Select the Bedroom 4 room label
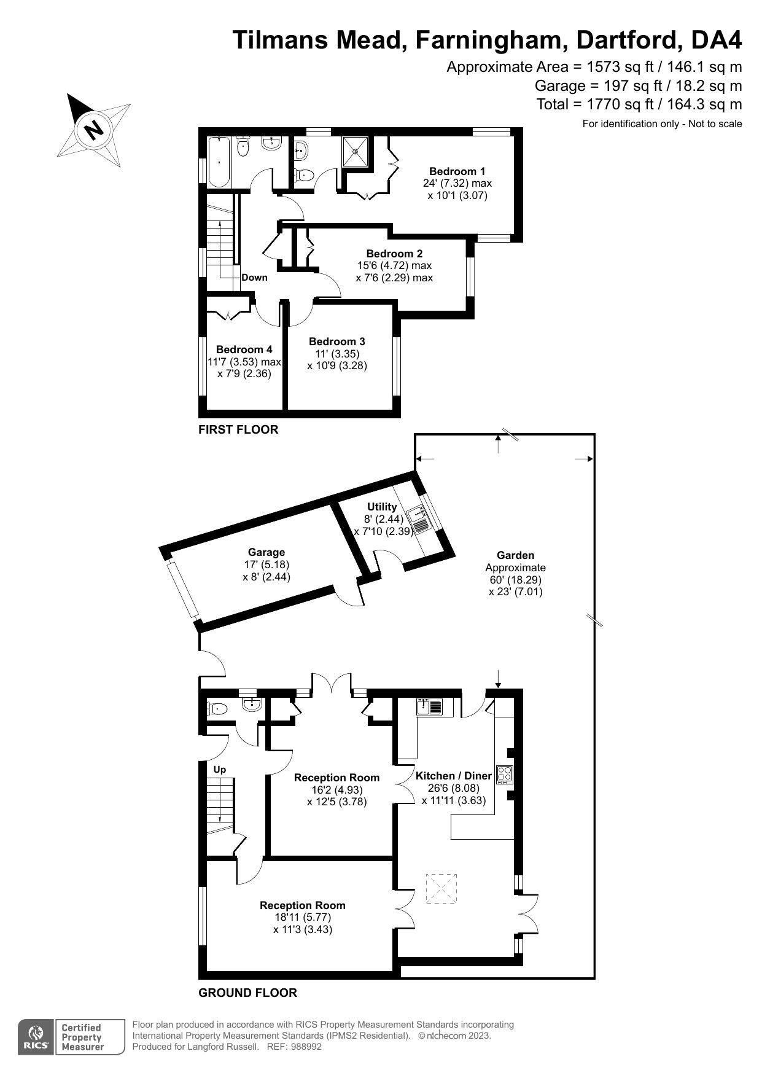pyautogui.click(x=244, y=350)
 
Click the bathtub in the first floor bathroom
pyautogui.click(x=219, y=163)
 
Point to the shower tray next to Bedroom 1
pyautogui.click(x=356, y=150)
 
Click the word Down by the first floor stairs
pyautogui.click(x=254, y=277)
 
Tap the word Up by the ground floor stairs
pyautogui.click(x=219, y=769)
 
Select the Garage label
pyautogui.click(x=266, y=552)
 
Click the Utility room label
pyautogui.click(x=381, y=507)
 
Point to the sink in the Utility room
pyautogui.click(x=421, y=520)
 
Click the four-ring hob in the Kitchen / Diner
pyautogui.click(x=504, y=774)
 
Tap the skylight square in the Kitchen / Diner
pyautogui.click(x=441, y=888)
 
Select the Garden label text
pyautogui.click(x=515, y=555)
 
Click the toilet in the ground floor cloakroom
pyautogui.click(x=217, y=709)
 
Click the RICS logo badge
pyautogui.click(x=36, y=1037)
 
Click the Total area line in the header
pyautogui.click(x=639, y=104)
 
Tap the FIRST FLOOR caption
pyautogui.click(x=238, y=429)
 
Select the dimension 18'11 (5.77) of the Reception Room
pyautogui.click(x=302, y=917)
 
